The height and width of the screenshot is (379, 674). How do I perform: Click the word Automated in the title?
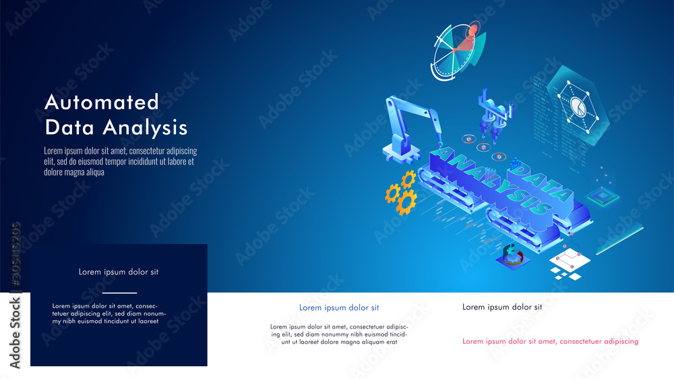point(102,103)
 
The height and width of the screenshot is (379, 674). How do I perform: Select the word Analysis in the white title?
point(146,127)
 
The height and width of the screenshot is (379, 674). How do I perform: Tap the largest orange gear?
point(406,202)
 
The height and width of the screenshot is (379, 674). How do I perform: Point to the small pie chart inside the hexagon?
point(578,107)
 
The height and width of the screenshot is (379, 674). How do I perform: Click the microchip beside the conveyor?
point(603,198)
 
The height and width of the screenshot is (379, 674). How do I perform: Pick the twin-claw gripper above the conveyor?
point(494,115)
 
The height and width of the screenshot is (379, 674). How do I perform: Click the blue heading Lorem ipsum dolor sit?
point(339,308)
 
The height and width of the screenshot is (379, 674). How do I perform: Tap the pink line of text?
point(550,341)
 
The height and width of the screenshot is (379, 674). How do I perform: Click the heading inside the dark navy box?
point(119,272)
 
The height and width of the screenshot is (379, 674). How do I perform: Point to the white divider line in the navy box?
point(119,293)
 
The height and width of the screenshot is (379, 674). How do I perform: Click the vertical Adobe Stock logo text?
point(15,333)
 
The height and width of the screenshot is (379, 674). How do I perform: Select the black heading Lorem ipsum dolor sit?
point(502,307)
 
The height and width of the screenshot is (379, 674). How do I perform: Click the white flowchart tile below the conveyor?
point(570,259)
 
